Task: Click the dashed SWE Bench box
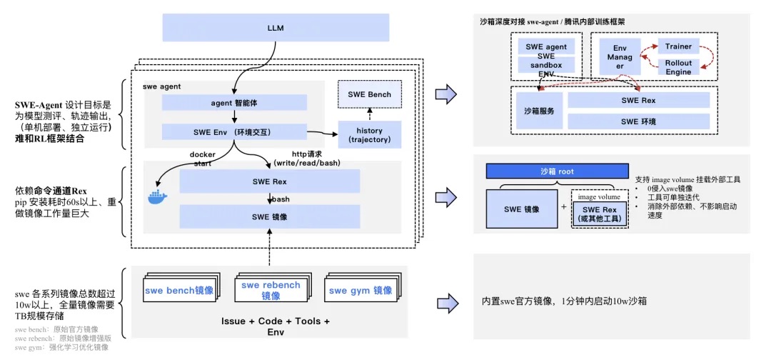coord(369,94)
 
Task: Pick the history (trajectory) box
coord(369,135)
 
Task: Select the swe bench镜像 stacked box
coord(178,291)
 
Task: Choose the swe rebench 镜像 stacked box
coord(271,291)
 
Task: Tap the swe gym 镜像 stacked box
coord(361,291)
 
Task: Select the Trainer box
coord(678,46)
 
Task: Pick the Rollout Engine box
coord(678,68)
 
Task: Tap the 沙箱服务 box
coord(539,111)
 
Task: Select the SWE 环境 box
coord(638,121)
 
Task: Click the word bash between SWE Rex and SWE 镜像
coord(281,199)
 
